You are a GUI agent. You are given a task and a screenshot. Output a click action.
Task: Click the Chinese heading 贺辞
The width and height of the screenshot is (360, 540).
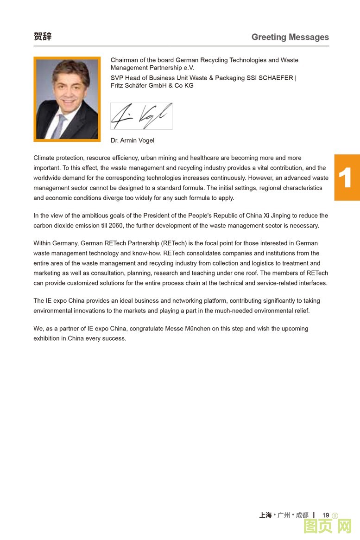tap(43, 37)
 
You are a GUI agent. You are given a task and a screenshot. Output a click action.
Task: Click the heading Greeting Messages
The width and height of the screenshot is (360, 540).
tap(290, 37)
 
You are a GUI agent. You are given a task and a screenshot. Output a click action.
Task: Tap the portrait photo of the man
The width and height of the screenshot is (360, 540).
tap(67, 99)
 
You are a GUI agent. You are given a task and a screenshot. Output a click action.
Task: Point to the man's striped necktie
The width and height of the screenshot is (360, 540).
tap(59, 126)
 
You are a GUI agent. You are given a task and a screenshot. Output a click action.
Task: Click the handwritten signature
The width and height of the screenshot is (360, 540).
tap(141, 116)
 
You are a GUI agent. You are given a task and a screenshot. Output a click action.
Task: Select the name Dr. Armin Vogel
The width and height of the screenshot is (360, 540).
tap(133, 140)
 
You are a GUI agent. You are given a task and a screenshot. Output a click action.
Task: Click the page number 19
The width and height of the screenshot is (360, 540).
tap(326, 515)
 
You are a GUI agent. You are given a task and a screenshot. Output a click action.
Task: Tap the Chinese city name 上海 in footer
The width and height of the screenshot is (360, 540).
tap(265, 515)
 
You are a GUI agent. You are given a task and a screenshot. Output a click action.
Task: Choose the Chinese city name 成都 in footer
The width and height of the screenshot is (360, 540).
tap(302, 515)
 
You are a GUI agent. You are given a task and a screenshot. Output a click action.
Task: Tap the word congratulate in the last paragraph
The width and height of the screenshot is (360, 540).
tap(149, 329)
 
